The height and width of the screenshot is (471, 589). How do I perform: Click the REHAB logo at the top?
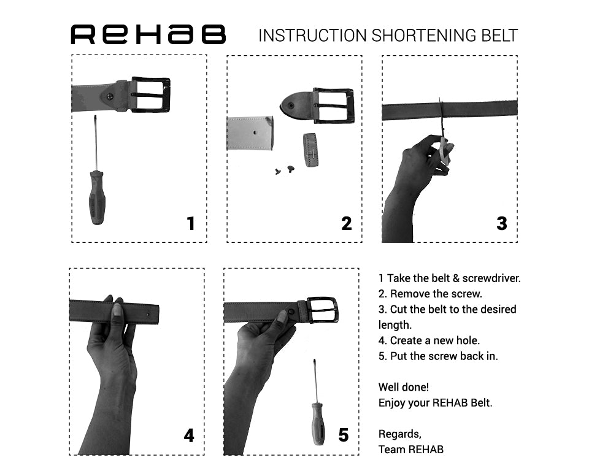coord(148,35)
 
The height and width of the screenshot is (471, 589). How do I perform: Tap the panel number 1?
coord(191,223)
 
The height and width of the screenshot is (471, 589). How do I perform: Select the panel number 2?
coord(347,223)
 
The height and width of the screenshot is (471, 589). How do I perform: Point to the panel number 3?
coord(502,223)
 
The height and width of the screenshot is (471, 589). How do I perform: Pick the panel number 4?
coord(189,435)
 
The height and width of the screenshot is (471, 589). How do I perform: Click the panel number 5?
coord(344,435)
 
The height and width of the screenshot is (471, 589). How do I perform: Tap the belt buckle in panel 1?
coord(150,94)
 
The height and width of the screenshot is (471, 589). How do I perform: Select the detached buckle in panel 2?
coord(333,105)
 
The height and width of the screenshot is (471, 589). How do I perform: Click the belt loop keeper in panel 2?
coord(312,150)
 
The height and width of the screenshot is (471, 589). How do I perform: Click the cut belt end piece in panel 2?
coord(250,134)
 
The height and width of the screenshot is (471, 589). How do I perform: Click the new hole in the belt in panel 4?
coord(149,313)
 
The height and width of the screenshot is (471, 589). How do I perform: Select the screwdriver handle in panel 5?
coord(318,423)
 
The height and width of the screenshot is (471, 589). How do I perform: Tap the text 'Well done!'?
coord(404,388)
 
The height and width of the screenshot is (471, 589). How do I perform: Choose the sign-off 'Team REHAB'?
coord(410,450)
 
